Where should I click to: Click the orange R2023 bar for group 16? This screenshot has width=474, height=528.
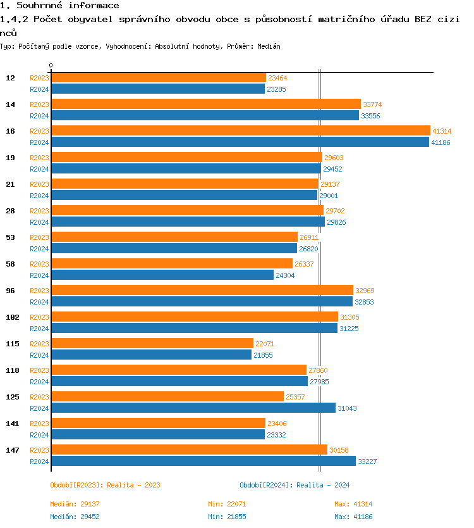(x=240, y=130)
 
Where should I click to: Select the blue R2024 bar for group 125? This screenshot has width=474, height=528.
(x=193, y=408)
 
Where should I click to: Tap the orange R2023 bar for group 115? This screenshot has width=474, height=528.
(x=152, y=343)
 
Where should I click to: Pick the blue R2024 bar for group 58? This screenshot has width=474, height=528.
(x=162, y=275)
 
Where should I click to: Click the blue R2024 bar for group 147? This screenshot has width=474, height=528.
(x=203, y=461)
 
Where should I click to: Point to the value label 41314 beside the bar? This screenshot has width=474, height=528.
(x=442, y=131)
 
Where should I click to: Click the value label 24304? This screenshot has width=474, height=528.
(x=285, y=275)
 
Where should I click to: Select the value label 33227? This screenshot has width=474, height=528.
(x=367, y=462)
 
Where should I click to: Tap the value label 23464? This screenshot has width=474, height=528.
(x=277, y=78)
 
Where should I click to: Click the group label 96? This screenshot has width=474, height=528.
(x=11, y=291)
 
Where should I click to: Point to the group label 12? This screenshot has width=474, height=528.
(x=11, y=78)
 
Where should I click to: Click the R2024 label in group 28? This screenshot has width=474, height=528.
(x=39, y=222)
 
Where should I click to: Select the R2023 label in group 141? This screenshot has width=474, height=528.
(x=39, y=424)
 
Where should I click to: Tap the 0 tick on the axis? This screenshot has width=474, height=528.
(x=51, y=66)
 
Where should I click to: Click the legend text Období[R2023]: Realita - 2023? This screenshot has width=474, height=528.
(x=105, y=485)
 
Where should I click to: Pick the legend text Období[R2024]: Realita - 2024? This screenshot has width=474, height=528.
(x=295, y=485)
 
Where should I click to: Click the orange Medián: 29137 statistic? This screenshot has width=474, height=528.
(x=75, y=504)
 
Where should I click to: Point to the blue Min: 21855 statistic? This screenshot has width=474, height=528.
(x=227, y=517)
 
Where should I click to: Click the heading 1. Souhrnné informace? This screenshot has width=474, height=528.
(x=59, y=6)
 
